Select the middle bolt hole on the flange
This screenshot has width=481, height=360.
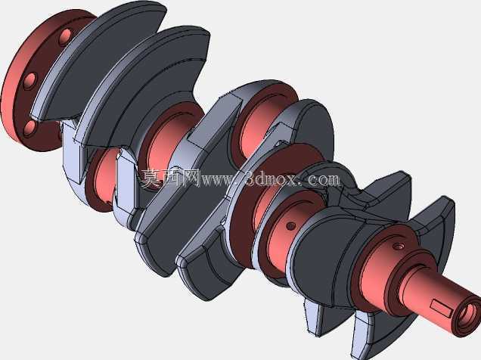(29, 81)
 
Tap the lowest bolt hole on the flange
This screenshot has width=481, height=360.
(30, 129)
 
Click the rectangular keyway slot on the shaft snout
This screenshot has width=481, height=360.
(440, 308)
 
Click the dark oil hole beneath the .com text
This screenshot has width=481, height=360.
(290, 226)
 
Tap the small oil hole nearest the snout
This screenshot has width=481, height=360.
(399, 246)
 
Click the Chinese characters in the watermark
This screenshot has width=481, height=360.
(170, 178)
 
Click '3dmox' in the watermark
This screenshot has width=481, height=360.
(271, 179)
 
